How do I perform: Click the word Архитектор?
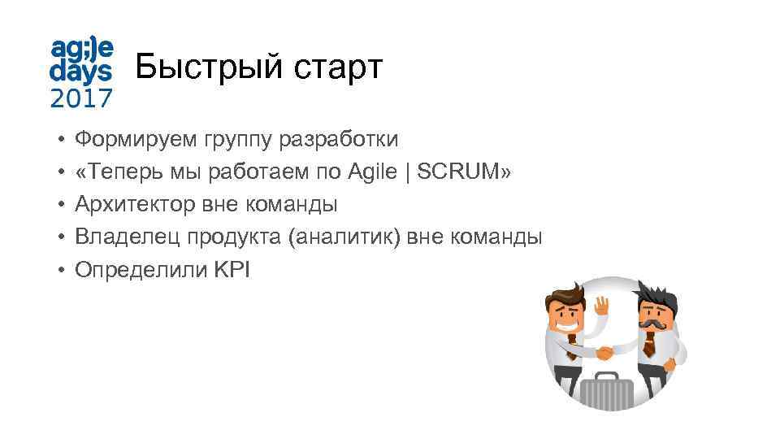point(134,204)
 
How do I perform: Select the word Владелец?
point(128,237)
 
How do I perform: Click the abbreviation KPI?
point(232,269)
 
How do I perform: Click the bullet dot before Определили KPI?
point(61,270)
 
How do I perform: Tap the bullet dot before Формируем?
point(61,141)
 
